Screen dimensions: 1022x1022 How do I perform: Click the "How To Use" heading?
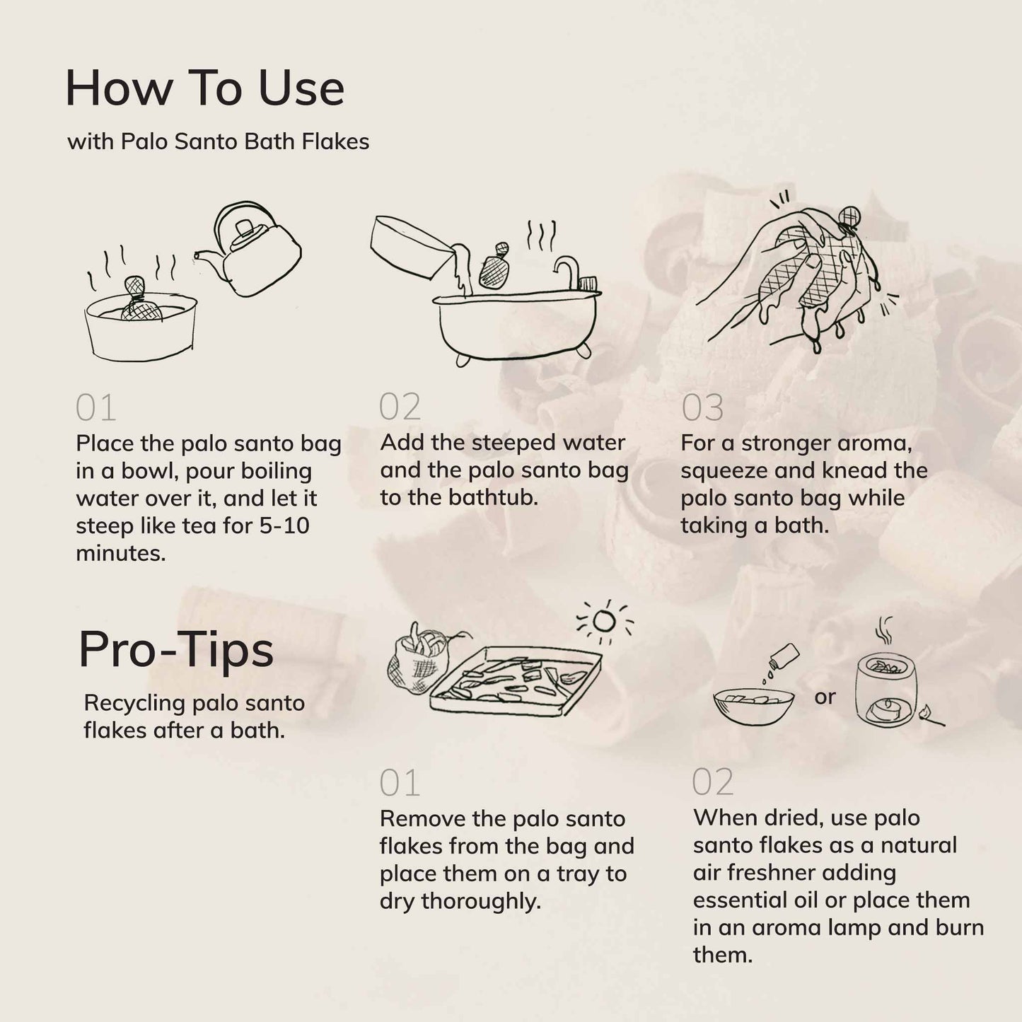click(x=204, y=88)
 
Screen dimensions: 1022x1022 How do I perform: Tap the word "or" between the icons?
click(x=825, y=697)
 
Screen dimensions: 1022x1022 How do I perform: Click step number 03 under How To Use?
click(x=702, y=408)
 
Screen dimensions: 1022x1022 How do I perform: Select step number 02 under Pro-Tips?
click(x=713, y=782)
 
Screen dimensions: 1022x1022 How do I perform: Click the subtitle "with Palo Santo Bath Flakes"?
click(x=218, y=141)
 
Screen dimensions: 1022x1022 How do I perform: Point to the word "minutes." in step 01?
click(x=121, y=553)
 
